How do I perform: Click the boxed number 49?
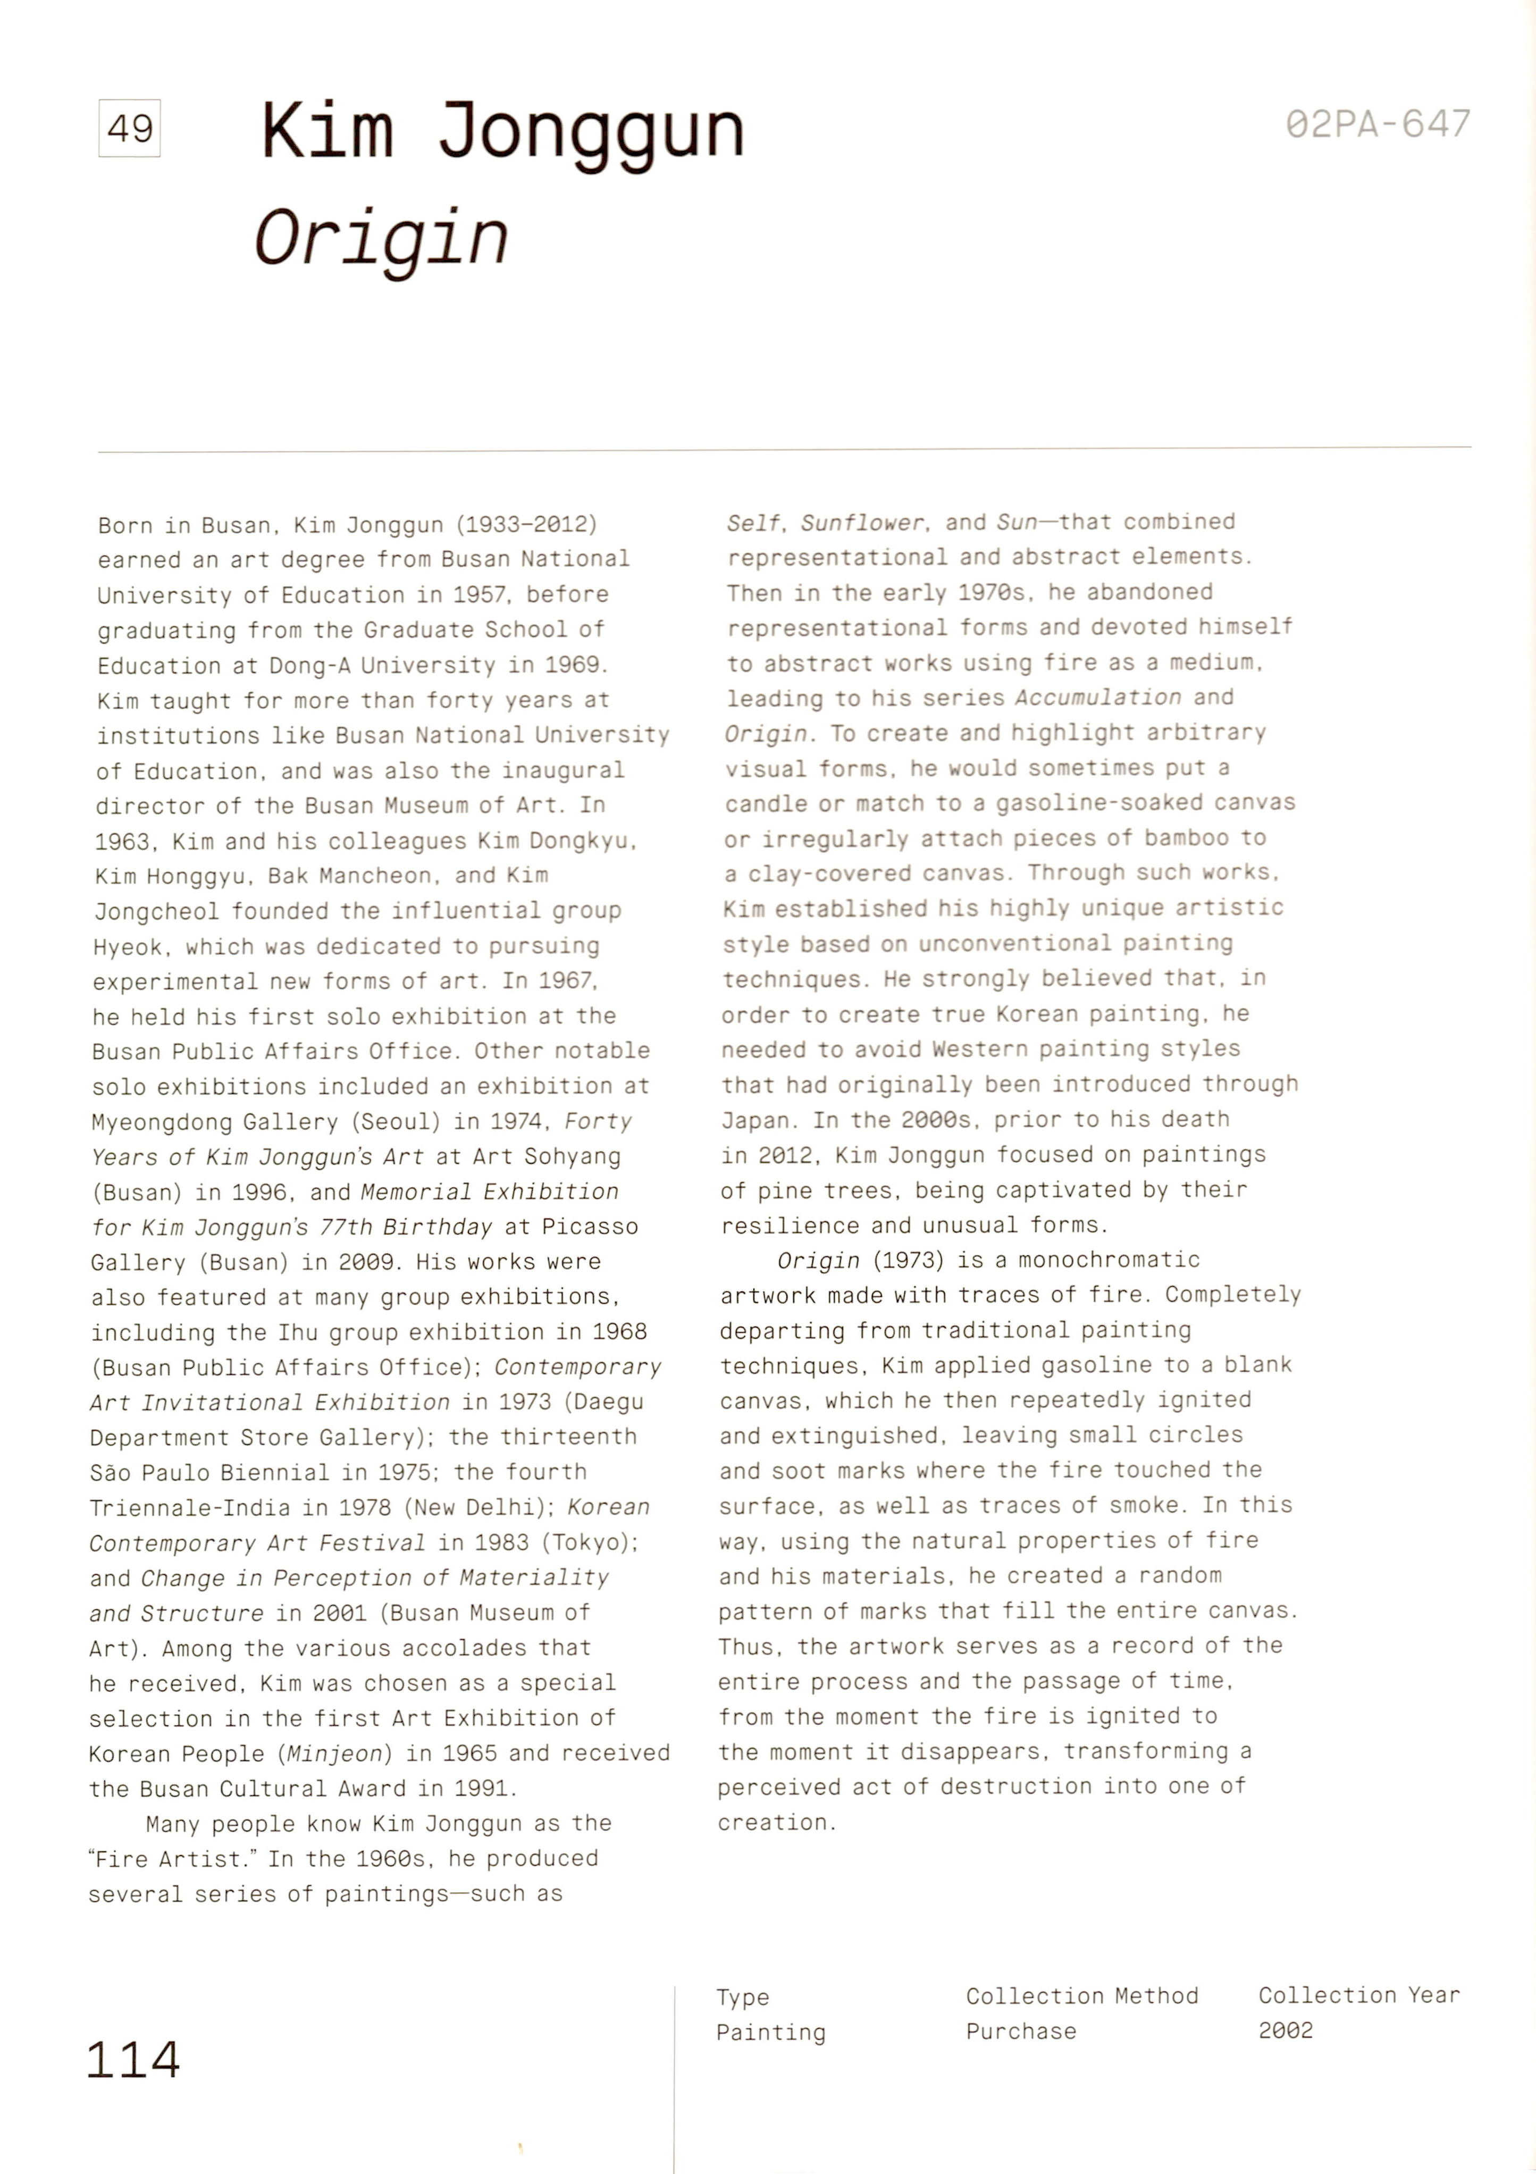point(130,128)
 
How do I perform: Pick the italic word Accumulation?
point(1097,698)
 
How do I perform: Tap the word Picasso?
point(590,1227)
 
